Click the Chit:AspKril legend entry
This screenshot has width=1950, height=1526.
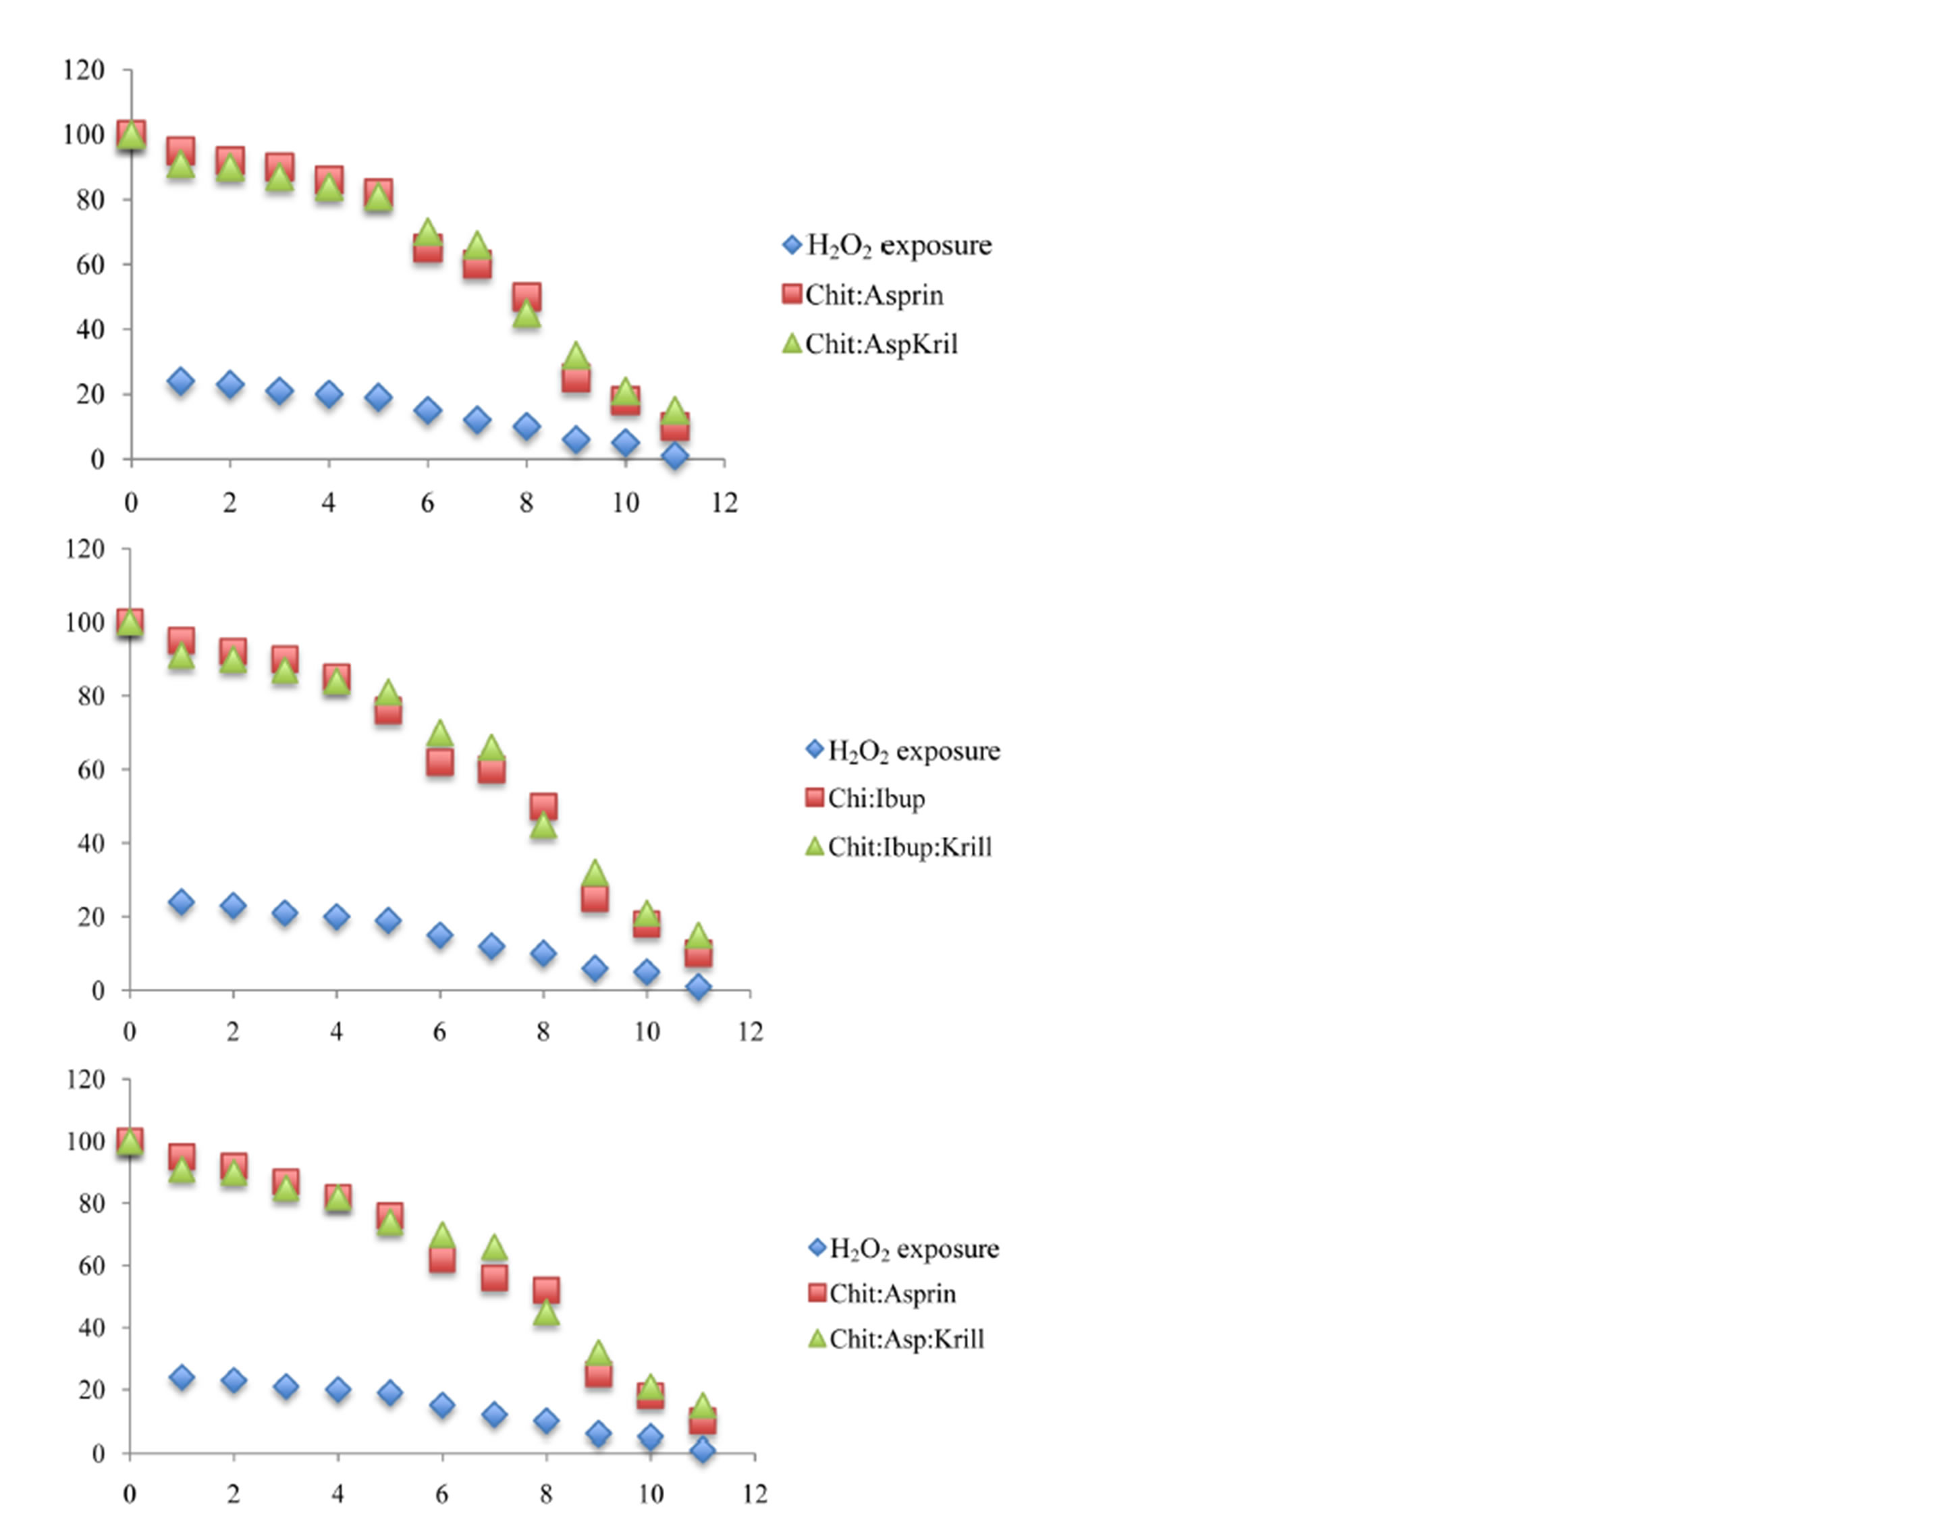(x=881, y=344)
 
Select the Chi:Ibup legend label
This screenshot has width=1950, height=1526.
(x=875, y=798)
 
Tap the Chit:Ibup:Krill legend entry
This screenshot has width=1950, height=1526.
(x=909, y=846)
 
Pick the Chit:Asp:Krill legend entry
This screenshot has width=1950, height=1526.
(x=906, y=1338)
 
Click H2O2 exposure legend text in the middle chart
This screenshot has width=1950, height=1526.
(x=914, y=751)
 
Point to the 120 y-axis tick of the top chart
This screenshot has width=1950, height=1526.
(x=83, y=70)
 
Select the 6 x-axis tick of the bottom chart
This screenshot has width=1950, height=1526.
(x=442, y=1494)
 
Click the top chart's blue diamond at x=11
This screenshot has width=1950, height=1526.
(x=675, y=456)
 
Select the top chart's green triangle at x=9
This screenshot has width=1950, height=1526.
(x=576, y=356)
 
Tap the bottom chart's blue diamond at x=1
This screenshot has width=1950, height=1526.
(x=182, y=1378)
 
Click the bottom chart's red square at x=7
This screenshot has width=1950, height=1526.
(x=494, y=1278)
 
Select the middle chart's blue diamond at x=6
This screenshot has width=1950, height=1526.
(x=439, y=935)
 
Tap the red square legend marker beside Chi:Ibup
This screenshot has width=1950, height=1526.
(x=814, y=798)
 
